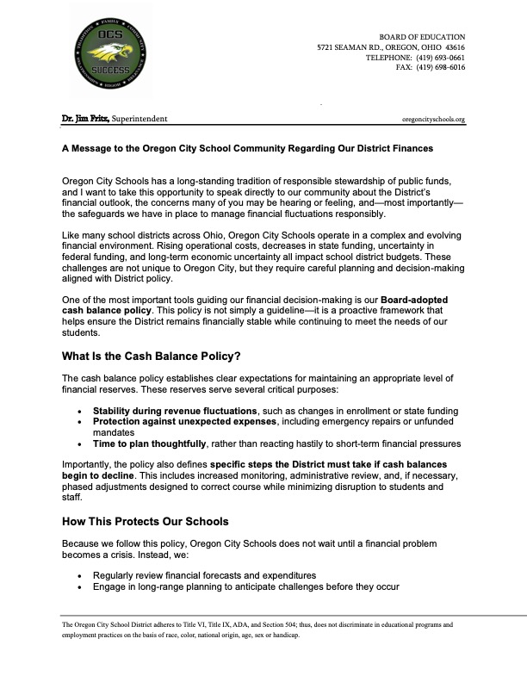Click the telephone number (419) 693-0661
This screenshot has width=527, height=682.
point(440,57)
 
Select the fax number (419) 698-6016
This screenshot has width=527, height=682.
point(440,67)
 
